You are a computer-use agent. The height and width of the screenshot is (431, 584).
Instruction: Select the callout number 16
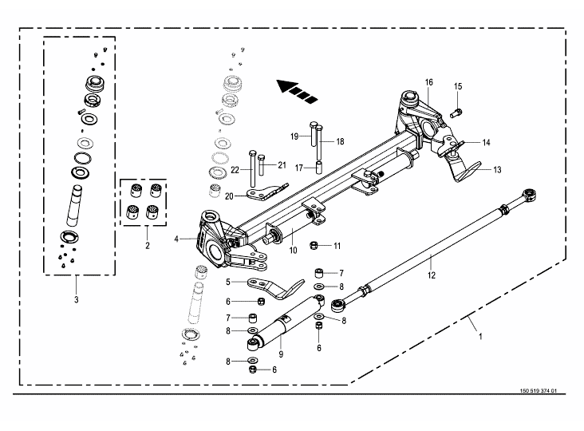click(428, 83)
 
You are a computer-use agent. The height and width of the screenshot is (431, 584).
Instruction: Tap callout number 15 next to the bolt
click(458, 86)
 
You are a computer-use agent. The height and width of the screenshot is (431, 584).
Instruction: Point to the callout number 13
click(496, 169)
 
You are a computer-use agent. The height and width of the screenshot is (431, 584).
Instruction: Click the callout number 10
click(292, 251)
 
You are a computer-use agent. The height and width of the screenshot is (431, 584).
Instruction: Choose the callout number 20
click(229, 196)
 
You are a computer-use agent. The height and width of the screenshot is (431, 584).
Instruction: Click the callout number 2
click(148, 247)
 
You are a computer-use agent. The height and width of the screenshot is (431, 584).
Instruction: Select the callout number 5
click(229, 282)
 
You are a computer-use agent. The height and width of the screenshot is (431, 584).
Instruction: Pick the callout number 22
click(235, 169)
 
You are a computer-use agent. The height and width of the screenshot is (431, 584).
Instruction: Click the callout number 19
click(294, 136)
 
